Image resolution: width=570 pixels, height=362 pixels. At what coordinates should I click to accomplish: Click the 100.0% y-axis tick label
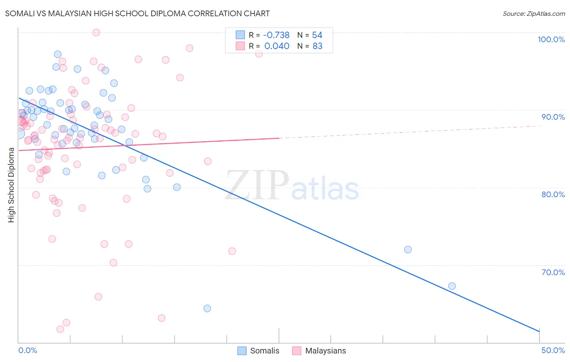(551, 39)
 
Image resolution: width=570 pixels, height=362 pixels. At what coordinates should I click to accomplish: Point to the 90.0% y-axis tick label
(553, 117)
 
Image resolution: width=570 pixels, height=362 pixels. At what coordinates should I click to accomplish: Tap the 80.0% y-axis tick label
(553, 194)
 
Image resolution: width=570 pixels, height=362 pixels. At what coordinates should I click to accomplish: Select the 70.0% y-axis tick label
(553, 272)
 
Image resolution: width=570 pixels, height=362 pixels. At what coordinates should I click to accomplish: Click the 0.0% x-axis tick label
(28, 350)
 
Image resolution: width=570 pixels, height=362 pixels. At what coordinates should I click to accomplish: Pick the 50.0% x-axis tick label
(553, 350)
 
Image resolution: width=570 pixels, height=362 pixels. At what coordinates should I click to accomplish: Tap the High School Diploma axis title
(11, 185)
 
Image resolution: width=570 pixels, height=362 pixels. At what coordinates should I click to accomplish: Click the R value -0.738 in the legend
(276, 35)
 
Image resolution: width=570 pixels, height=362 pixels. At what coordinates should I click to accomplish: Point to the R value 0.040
(277, 46)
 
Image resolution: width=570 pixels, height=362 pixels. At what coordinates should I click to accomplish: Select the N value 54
(317, 35)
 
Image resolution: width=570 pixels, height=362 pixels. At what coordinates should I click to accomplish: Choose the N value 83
(317, 46)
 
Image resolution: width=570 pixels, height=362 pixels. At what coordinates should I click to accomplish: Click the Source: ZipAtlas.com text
(534, 14)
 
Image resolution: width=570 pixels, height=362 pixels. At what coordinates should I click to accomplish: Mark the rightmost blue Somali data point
(452, 286)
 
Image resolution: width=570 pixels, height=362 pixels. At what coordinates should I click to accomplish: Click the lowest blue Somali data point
(207, 308)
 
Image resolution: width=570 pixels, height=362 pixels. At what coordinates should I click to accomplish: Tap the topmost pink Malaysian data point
(96, 32)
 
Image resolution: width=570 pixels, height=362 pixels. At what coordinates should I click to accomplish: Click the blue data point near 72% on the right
(408, 250)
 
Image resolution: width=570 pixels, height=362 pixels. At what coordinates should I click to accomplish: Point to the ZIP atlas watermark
(292, 186)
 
